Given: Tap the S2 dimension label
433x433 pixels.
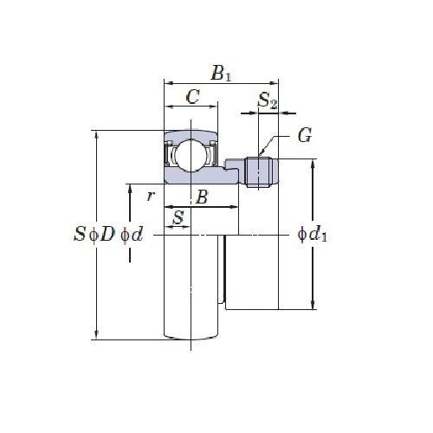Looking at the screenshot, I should click(268, 101).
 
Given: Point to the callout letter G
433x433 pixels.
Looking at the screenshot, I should click(304, 135).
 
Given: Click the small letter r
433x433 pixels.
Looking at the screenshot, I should click(151, 196).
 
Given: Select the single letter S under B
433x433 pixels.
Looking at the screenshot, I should click(178, 216).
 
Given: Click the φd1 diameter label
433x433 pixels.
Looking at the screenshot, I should click(312, 234).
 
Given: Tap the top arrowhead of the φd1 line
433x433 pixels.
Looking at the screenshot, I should click(313, 164).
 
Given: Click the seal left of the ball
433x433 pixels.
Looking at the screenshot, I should click(171, 157).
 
